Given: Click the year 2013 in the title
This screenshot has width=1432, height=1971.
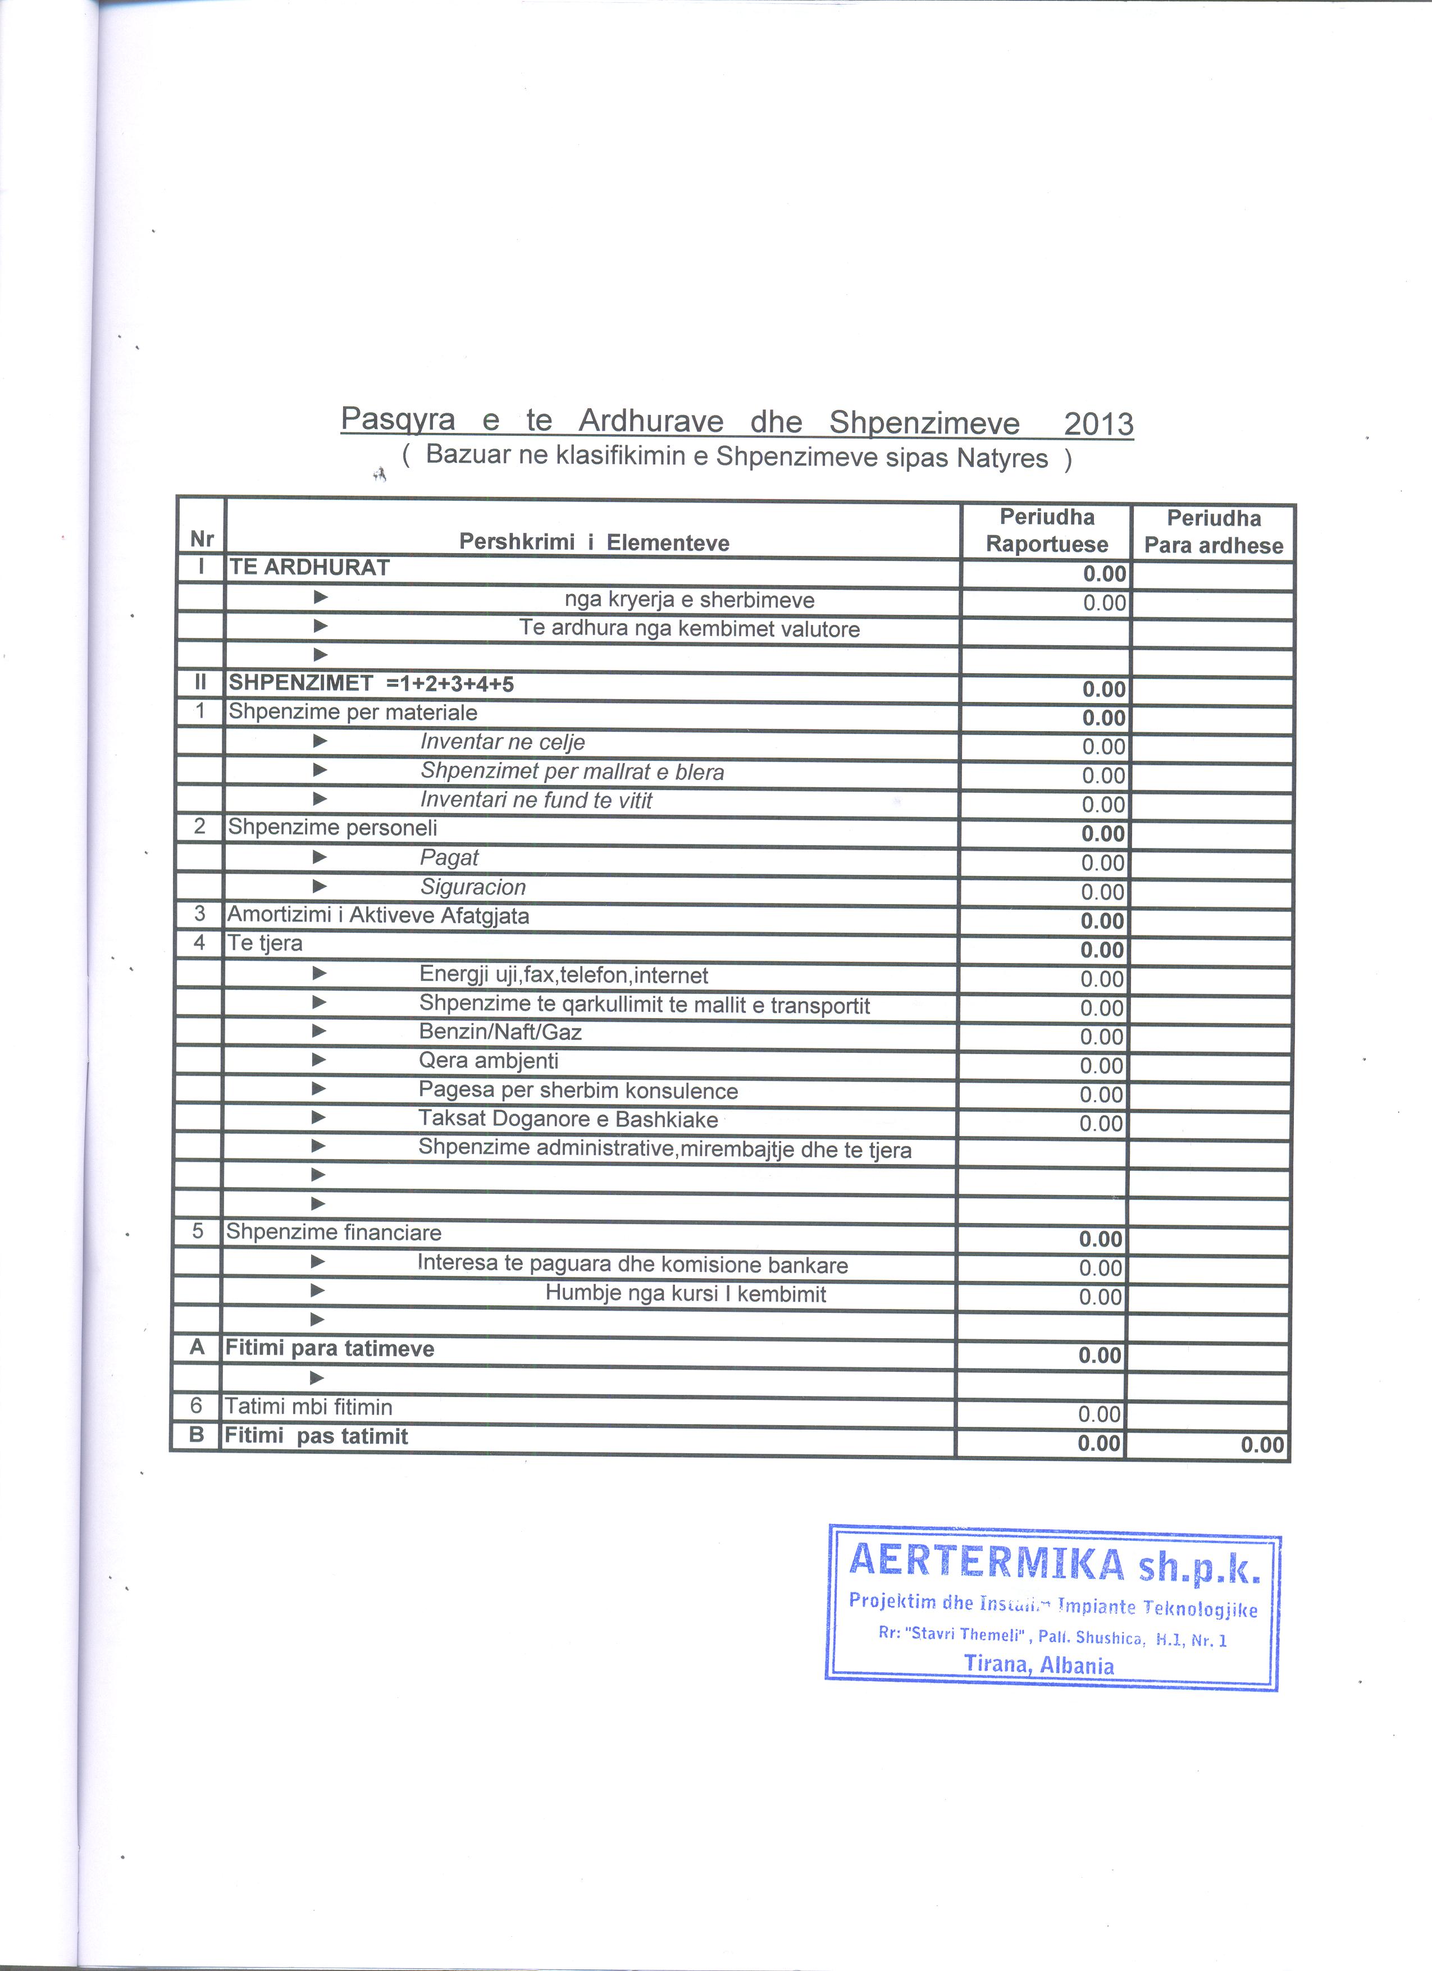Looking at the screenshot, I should coord(1098,423).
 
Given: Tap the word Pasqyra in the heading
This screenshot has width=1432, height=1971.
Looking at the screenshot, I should coord(397,420).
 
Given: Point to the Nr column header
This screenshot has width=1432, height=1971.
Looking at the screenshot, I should coord(202,540).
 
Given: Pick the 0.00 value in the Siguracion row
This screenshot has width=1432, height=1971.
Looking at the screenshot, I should coord(1103,892).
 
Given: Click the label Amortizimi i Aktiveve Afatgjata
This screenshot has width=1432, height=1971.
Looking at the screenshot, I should coord(377,915).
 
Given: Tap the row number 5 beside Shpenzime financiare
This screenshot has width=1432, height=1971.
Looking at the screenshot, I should coord(197,1231).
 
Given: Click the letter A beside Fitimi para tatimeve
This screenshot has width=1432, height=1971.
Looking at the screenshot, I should coord(197,1347).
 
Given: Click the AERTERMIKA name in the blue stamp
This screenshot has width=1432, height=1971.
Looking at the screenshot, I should coord(986,1562).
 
